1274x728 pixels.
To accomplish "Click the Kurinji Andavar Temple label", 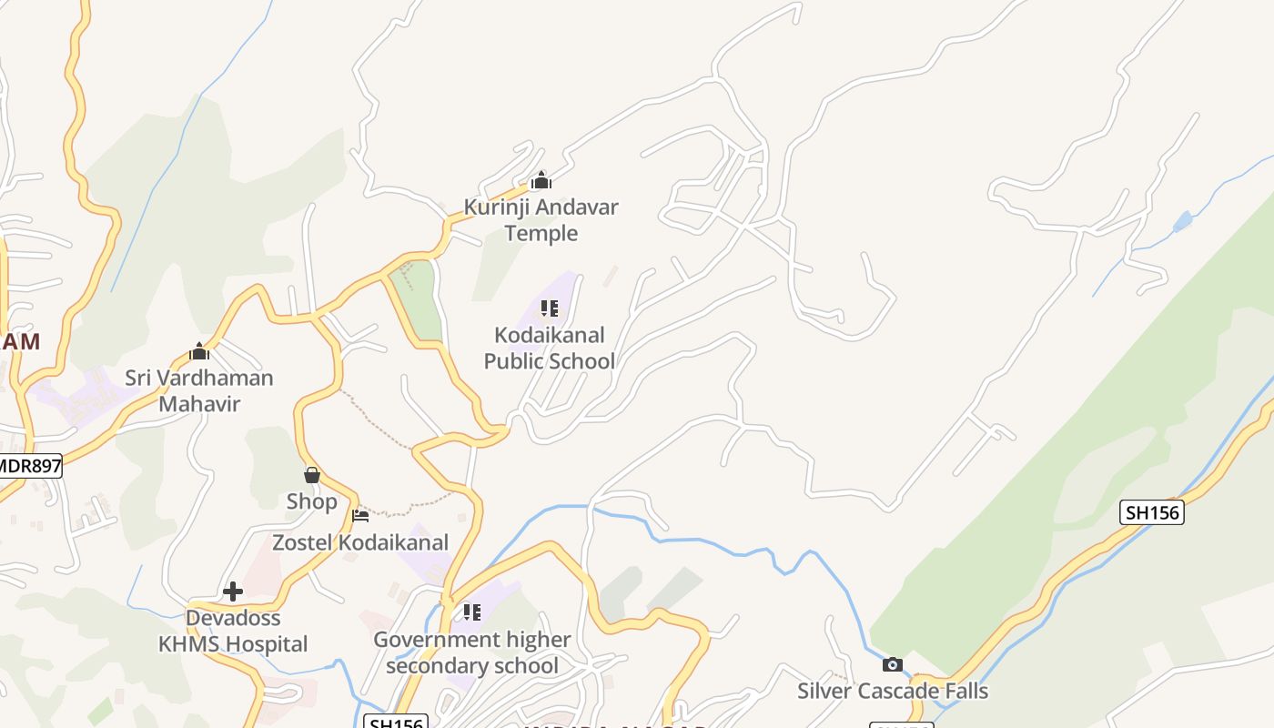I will (541, 220).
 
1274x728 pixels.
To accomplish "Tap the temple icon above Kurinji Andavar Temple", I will (541, 180).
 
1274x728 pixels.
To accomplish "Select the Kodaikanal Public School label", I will (549, 348).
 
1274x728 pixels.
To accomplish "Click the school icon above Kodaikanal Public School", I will (549, 308).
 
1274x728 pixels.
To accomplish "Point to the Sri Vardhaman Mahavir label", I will (198, 390).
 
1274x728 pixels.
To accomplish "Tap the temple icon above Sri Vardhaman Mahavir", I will (199, 351).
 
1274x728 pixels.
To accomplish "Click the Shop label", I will (311, 501).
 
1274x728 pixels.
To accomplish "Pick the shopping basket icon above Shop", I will (312, 475).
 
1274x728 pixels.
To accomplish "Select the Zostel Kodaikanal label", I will (360, 543).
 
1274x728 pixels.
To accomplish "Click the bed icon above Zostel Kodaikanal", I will (360, 517).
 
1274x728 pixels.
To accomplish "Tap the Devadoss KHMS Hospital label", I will (233, 632).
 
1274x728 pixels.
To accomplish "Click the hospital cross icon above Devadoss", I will (233, 591).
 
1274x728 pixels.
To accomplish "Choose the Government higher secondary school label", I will (471, 652).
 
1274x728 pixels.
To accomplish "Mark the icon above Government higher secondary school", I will (471, 612).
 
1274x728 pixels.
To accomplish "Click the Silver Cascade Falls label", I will (892, 691).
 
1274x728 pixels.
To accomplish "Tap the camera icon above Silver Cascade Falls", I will (893, 664).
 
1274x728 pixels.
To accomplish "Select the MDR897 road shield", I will (30, 467).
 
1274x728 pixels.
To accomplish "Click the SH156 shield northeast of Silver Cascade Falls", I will (1151, 512).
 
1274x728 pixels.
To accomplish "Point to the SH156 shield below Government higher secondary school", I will (395, 723).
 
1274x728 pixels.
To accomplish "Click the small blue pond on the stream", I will (1182, 221).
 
